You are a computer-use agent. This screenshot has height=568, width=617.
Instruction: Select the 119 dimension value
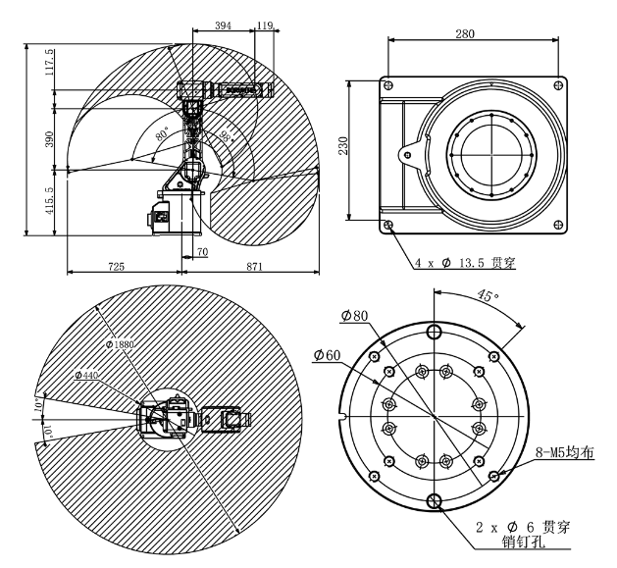264,27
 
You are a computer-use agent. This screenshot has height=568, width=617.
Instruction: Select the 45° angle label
487,294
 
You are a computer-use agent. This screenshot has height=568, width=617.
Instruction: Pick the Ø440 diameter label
91,376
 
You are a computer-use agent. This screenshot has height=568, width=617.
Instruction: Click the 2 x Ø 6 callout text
521,527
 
